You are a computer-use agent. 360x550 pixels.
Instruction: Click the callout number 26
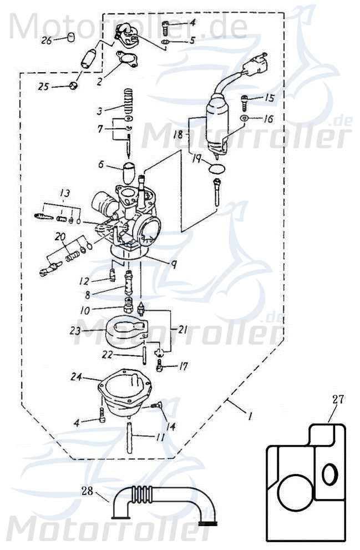tap(46, 41)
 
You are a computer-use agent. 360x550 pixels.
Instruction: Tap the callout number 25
tap(43, 87)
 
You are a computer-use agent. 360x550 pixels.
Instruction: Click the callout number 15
tap(270, 99)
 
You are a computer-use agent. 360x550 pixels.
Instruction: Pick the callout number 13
tap(65, 194)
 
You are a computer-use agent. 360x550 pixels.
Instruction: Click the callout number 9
tap(174, 265)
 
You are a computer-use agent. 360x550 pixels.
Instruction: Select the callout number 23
tap(75, 331)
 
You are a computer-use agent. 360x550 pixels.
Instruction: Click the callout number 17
tap(183, 366)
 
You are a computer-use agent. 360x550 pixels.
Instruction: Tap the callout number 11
tap(160, 437)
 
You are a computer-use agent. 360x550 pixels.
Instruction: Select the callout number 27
tap(338, 398)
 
